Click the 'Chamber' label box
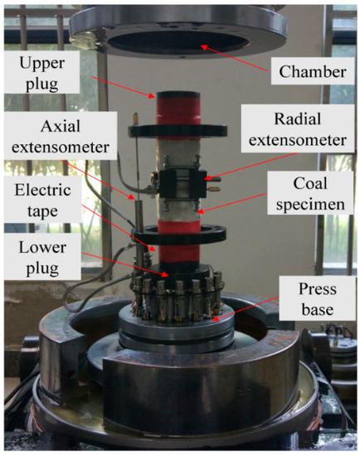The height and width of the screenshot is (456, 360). pos(313,71)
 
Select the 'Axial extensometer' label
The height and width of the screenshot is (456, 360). pos(61,136)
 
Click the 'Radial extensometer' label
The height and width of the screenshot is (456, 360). pos(298,129)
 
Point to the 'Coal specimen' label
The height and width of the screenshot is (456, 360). pos(310,193)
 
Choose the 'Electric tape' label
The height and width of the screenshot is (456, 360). pos(43,200)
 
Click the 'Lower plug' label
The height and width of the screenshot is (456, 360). pos(42,257)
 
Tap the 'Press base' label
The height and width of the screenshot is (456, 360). pos(318,298)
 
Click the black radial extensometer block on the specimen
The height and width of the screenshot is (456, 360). pos(182,183)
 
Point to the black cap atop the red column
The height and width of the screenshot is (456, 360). pos(178,95)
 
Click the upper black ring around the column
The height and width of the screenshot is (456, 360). pos(178,130)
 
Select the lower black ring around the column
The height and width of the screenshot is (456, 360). pos(179,234)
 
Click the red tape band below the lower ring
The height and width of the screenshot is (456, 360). pos(178,252)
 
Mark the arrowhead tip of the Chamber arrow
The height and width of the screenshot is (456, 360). pos(202,46)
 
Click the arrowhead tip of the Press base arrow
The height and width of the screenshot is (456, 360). pos(212,320)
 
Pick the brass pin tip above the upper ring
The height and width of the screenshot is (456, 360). pos(135,116)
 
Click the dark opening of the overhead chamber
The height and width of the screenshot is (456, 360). pos(178,41)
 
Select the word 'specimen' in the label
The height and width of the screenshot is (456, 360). pos(310,205)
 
